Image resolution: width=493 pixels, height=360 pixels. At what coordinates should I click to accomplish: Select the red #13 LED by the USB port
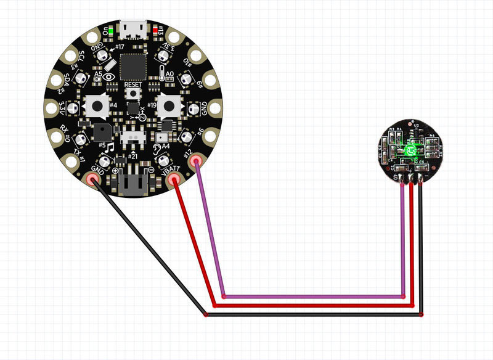tap(155, 29)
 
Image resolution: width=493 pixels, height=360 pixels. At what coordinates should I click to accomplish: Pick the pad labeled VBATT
tap(174, 179)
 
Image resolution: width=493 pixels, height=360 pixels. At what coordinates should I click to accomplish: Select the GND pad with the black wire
tap(94, 180)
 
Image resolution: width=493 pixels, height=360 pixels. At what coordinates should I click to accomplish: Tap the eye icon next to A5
tap(109, 76)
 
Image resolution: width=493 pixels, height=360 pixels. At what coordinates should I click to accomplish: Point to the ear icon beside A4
tap(159, 149)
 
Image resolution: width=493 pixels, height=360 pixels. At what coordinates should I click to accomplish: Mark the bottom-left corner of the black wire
tap(205, 315)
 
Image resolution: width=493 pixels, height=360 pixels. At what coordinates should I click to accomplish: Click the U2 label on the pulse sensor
tap(416, 126)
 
